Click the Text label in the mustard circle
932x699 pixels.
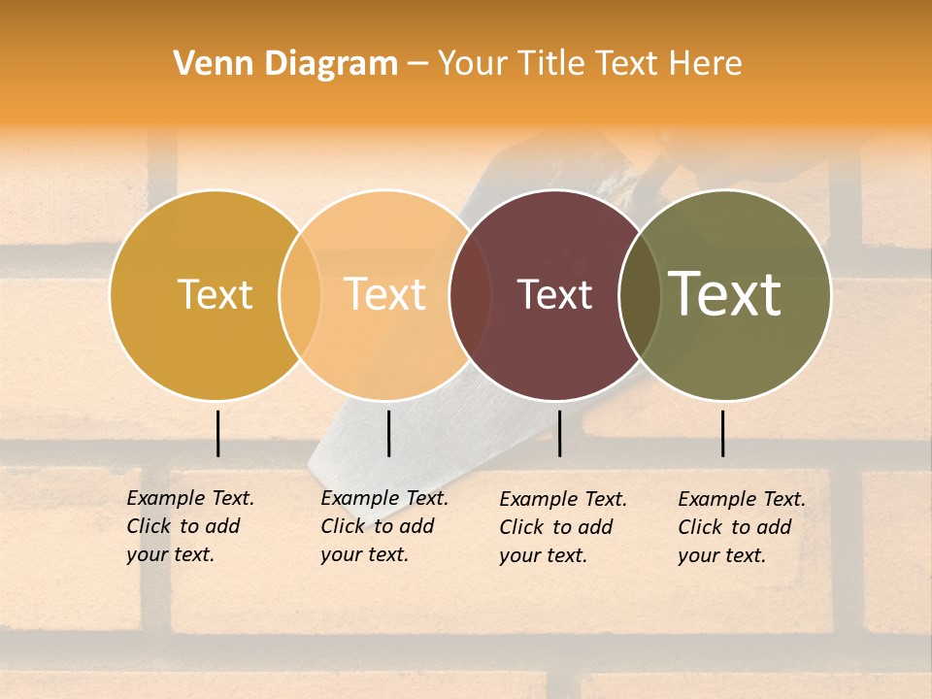tap(215, 294)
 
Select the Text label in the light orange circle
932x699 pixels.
tap(385, 294)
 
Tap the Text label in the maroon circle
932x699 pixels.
tap(554, 294)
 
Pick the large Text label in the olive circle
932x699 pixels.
tap(725, 294)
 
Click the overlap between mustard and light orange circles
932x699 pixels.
tap(300, 294)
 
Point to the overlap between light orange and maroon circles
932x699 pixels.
tap(470, 294)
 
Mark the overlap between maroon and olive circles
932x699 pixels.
tap(640, 294)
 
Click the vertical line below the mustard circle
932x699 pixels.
tap(218, 433)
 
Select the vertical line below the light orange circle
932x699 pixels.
tap(388, 433)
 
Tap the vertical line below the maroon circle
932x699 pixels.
tap(559, 433)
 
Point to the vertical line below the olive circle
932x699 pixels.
tap(723, 433)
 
